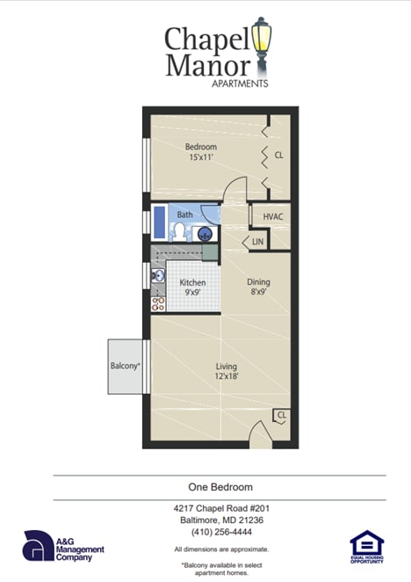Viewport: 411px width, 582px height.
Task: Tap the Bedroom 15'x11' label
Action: click(200, 151)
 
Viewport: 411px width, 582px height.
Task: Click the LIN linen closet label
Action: click(257, 241)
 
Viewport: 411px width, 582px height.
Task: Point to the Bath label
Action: click(184, 215)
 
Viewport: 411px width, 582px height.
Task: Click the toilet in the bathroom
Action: click(178, 232)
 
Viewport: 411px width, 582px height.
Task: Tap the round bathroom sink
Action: click(205, 234)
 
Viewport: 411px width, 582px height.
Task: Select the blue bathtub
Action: click(159, 222)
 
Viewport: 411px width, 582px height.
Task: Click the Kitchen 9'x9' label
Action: click(192, 288)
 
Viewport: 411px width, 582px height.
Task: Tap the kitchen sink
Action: click(158, 276)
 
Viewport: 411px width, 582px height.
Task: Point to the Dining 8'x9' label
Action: click(257, 287)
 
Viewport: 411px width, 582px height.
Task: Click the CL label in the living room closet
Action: click(281, 415)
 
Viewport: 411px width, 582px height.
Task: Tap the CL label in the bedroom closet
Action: click(278, 155)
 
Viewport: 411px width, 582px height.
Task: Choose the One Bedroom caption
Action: click(220, 487)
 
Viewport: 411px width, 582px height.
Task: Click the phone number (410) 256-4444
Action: click(220, 531)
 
